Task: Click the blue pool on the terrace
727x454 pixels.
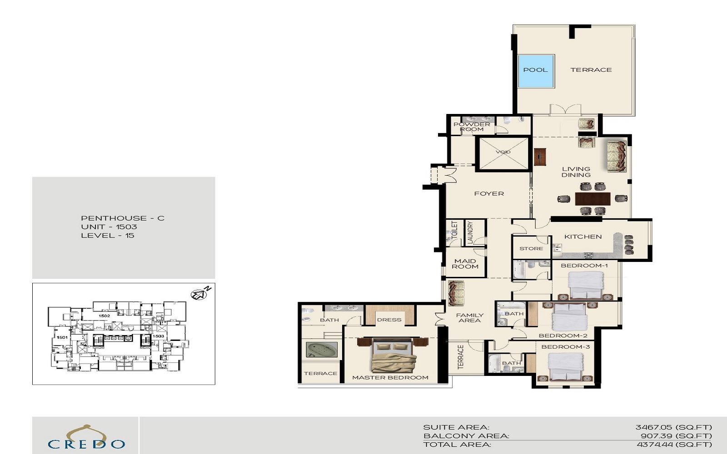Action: point(536,71)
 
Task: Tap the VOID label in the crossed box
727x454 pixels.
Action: point(503,152)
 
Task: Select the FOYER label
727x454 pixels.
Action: point(489,194)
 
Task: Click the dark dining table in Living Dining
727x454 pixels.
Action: point(593,199)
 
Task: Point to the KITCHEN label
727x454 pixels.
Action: point(583,237)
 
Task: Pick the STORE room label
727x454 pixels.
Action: point(531,249)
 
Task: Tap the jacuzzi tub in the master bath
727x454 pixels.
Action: point(322,350)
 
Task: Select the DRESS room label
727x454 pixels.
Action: point(389,320)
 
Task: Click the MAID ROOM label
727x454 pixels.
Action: point(465,264)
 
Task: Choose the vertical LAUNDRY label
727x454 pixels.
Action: point(470,232)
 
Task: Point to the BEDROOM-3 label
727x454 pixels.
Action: point(565,347)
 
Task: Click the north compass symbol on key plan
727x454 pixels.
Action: point(199,295)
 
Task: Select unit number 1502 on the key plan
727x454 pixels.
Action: point(104,316)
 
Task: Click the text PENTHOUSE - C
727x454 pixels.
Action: point(123,218)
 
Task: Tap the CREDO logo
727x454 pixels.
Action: point(86,439)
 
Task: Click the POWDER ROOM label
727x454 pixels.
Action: point(472,127)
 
